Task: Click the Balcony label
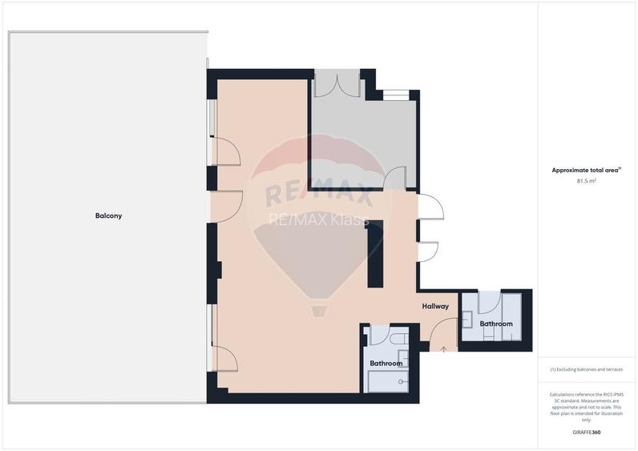108,215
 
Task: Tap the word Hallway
435,306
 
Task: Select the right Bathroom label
495,324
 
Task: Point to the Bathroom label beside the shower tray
386,363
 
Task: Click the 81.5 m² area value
586,181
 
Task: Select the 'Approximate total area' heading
585,170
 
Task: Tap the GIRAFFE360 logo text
585,433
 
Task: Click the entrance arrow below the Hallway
444,348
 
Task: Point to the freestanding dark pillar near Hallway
374,254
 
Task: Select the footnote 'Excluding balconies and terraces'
586,369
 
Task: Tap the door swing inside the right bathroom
489,302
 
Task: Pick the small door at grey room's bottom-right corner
395,179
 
